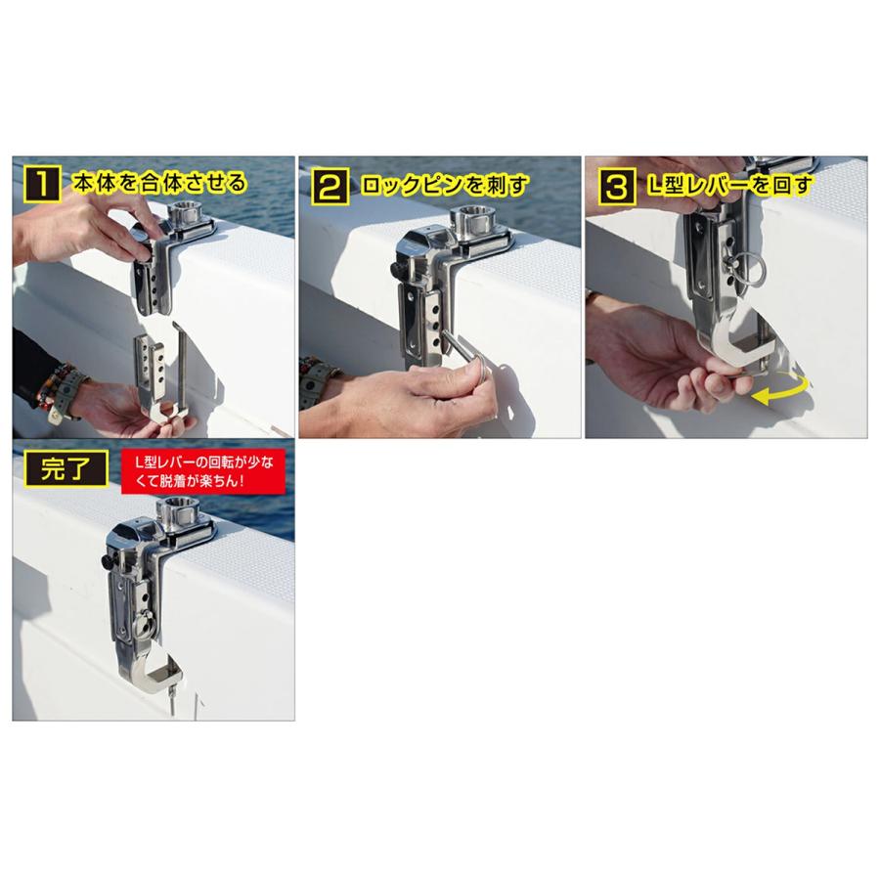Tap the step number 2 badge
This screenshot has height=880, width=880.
[330, 186]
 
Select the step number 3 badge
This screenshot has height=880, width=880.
[616, 187]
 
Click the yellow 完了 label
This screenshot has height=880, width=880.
[66, 468]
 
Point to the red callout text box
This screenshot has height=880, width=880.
[204, 471]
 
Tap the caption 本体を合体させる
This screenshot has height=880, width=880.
[160, 183]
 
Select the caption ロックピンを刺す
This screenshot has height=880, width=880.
[445, 185]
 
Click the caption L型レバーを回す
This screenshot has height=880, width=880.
[729, 185]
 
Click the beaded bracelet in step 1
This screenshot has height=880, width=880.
[56, 387]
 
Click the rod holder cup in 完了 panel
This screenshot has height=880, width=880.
[179, 509]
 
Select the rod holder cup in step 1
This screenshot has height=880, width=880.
[189, 212]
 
